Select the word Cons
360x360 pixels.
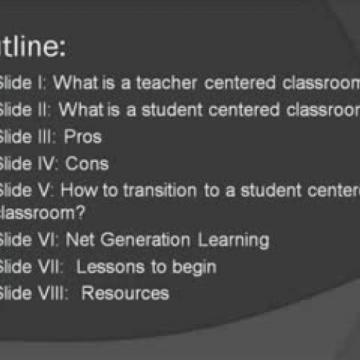(87, 163)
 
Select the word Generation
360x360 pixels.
(143, 239)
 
